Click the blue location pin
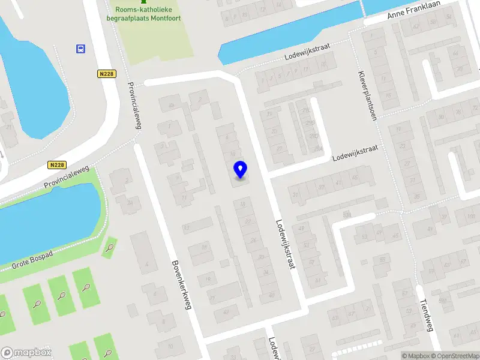pos(240,169)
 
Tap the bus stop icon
pos(80,49)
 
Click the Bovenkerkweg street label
pos(181,284)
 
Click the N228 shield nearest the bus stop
pos(106,73)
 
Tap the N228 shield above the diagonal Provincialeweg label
pos(58,165)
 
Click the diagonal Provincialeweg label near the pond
pos(66,179)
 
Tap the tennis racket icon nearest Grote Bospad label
pos(109,247)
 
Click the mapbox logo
pos(26,353)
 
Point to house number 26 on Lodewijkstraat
pos(253,241)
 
